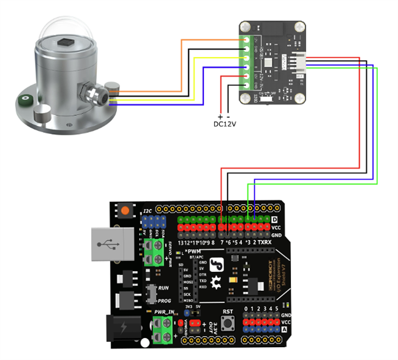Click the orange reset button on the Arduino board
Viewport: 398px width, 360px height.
point(126,211)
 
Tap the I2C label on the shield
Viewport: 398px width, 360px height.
point(148,211)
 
